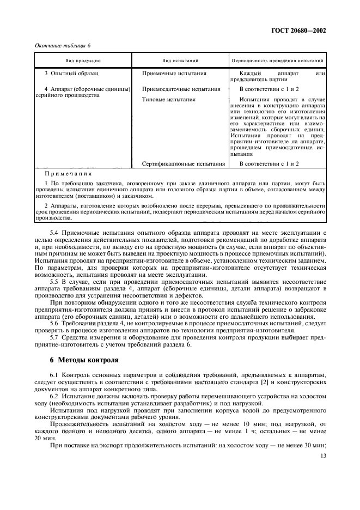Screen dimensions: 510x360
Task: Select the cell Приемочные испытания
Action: (174, 72)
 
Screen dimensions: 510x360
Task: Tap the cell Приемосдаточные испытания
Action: (181, 89)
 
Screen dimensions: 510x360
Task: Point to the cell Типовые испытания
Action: (168, 100)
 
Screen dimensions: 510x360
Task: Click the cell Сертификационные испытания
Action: (183, 163)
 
